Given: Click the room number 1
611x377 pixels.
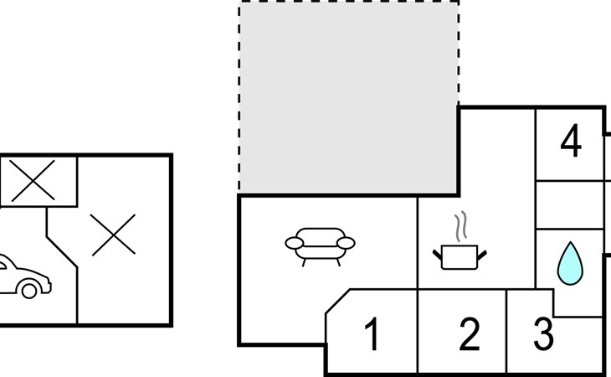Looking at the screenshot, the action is [x=372, y=333].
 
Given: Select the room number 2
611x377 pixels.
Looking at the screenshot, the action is [x=470, y=333].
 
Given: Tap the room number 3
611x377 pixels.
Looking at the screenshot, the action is [x=543, y=333].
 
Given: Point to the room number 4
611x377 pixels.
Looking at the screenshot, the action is [x=571, y=141].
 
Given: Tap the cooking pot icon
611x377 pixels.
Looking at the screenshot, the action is [x=460, y=257].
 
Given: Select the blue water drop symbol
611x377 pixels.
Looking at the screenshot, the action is [x=570, y=264].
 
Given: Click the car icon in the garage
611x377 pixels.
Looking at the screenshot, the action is [x=23, y=276].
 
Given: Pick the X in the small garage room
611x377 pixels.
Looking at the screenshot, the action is [x=33, y=180].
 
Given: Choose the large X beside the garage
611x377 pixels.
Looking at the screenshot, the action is [x=113, y=235].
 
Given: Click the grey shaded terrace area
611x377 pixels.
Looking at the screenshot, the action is [x=348, y=97].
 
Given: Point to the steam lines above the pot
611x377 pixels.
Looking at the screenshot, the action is [x=460, y=226].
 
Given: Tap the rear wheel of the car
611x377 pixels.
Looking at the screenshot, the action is [x=29, y=290].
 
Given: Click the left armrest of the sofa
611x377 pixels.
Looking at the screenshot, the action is [x=294, y=243].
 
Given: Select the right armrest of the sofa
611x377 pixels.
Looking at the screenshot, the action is [x=346, y=243].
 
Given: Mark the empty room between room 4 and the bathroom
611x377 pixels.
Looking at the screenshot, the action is [x=570, y=204].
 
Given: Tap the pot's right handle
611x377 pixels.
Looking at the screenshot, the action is [x=482, y=256].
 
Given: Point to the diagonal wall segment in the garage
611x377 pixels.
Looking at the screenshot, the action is [x=62, y=252].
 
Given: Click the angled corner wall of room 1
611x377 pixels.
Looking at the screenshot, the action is [x=338, y=301].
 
